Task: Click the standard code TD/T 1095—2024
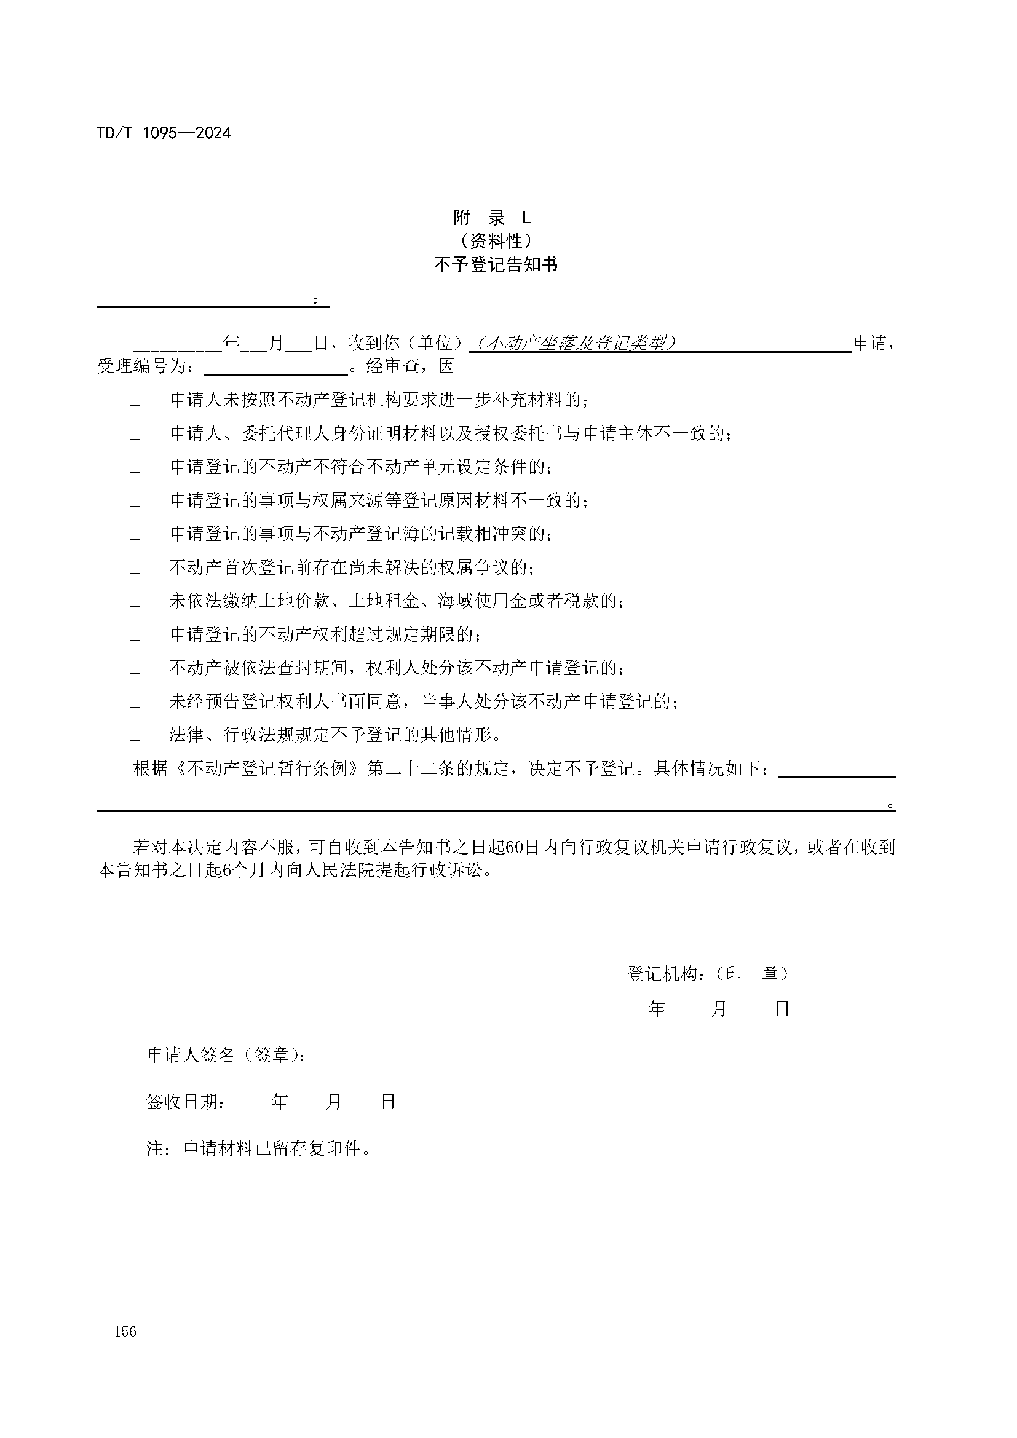164,133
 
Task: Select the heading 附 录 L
493,218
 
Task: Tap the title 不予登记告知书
496,265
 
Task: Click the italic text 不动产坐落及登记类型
575,343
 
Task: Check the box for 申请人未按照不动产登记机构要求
135,400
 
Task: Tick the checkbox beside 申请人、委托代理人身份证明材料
135,433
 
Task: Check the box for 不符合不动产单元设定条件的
135,467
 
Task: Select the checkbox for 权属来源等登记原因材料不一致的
135,501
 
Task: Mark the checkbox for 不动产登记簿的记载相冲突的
135,534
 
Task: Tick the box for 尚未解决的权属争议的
135,568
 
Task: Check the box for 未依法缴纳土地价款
135,601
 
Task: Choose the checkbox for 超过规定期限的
135,635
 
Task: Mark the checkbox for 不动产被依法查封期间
135,668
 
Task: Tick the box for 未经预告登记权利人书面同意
135,702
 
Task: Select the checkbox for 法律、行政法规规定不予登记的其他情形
135,735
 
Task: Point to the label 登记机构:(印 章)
708,973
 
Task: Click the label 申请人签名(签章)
227,1056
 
